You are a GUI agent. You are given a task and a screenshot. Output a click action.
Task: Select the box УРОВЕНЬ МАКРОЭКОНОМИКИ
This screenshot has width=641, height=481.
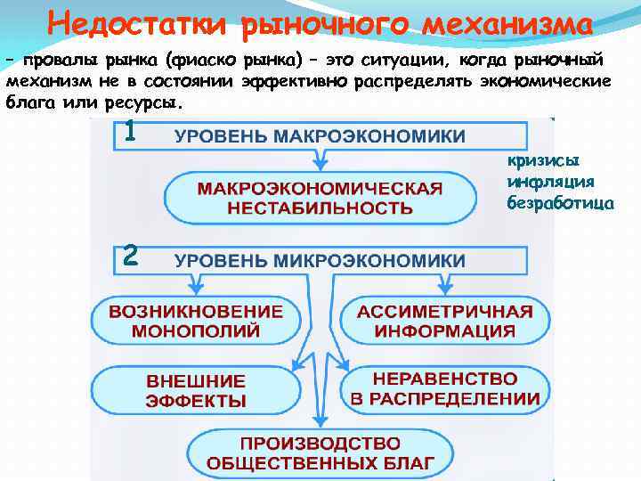pos(320,136)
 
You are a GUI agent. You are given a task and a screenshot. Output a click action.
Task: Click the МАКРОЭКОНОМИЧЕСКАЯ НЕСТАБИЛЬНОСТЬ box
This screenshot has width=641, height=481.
pos(320,198)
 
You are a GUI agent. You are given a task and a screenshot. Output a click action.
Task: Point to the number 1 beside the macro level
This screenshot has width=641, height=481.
pos(131,133)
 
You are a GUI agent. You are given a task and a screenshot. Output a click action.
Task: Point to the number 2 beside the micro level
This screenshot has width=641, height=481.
pos(131,257)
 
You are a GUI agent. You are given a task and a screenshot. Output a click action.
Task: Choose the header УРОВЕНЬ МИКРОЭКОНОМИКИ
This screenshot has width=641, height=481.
pos(320,260)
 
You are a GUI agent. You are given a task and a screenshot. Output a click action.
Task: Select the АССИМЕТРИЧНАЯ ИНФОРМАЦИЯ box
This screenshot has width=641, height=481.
pos(444,321)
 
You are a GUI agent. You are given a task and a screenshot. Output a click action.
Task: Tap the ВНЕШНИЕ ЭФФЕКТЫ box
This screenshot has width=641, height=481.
pos(196,389)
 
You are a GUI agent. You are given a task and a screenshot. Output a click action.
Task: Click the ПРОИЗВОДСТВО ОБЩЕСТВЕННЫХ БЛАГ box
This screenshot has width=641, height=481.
pos(320,452)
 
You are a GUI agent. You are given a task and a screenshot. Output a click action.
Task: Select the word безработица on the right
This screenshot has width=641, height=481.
pos(560,202)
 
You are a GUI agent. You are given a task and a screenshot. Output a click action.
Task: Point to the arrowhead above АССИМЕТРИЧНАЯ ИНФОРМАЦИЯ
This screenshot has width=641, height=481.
pos(444,287)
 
